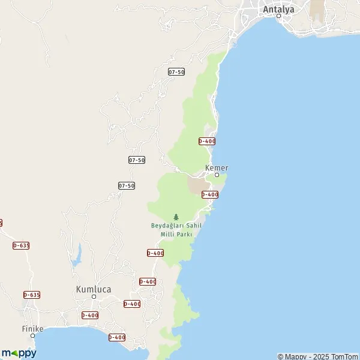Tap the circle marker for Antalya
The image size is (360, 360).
pos(279,16)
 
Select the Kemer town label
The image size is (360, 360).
pos(217,168)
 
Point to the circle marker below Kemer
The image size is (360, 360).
pos(217,175)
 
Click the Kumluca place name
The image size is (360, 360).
pos(94,289)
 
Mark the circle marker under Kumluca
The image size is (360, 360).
pos(94,296)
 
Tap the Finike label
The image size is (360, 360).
pos(33,329)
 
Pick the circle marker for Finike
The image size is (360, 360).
pos(33,335)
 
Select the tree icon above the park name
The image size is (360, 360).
pos(176,217)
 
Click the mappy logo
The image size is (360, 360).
pos(19,353)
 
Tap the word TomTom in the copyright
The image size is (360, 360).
pos(344,356)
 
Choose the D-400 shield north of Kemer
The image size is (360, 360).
pos(207,141)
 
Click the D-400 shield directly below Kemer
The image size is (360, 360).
pos(209,194)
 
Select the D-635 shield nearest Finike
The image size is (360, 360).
pos(32,295)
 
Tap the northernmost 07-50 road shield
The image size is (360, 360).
pos(176,72)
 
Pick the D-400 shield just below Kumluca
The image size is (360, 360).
pos(90,315)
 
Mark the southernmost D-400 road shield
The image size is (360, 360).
pos(117,337)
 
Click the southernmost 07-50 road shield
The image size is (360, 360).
pos(127,186)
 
